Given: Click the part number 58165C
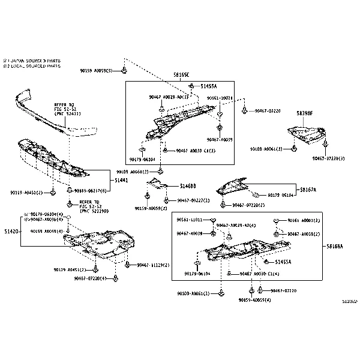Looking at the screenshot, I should tap(181, 74).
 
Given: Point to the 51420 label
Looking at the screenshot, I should tap(12, 231).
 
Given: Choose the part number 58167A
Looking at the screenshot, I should tap(308, 190).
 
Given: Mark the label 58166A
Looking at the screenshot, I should tap(335, 247).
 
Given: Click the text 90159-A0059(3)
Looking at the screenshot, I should tap(96, 71).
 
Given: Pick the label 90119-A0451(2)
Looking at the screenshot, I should tap(26, 193).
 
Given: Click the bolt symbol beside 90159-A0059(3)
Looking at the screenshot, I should tap(124, 71).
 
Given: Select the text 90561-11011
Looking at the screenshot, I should tap(190, 220).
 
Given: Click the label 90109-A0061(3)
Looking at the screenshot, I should tap(266, 149).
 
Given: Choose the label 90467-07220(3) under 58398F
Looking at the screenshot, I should tap(328, 159).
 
